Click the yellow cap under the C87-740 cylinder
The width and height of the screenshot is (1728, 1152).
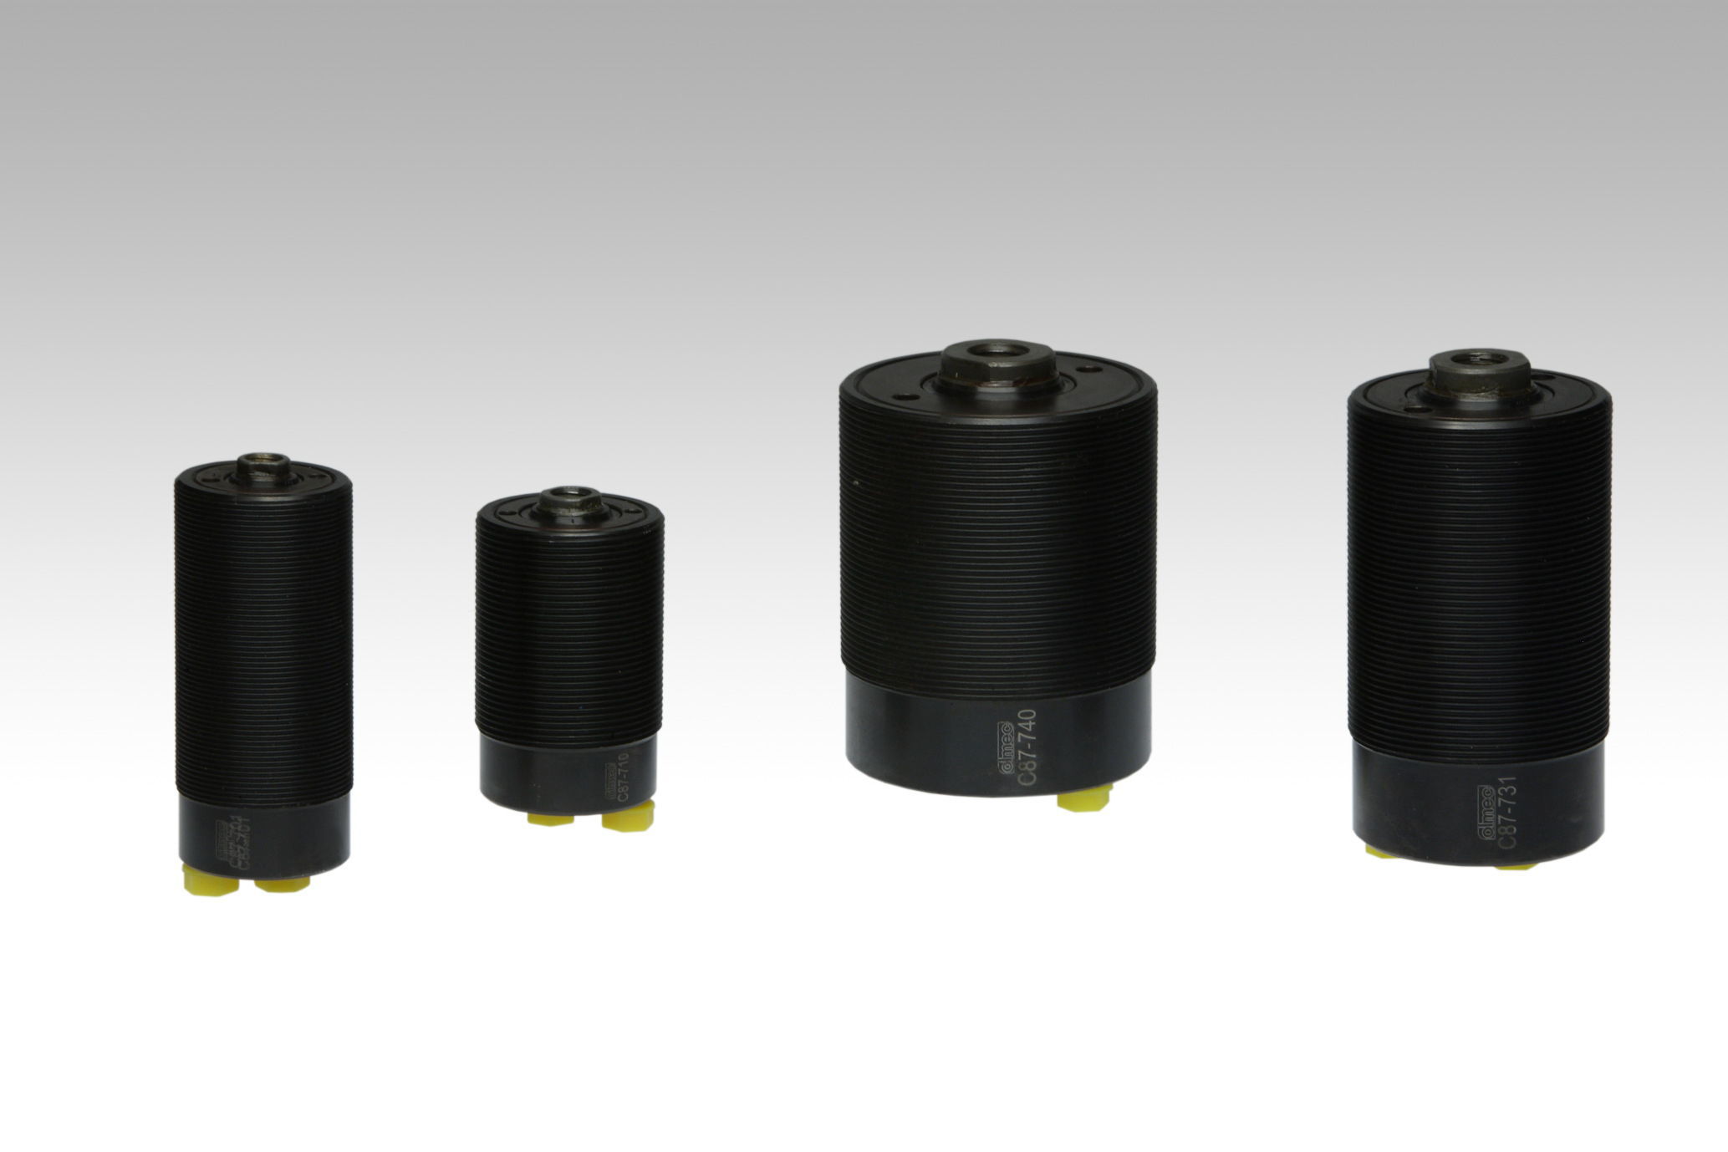coord(1083,801)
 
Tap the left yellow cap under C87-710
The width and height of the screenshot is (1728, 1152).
coord(544,818)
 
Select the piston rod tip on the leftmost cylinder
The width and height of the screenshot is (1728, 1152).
coord(261,463)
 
